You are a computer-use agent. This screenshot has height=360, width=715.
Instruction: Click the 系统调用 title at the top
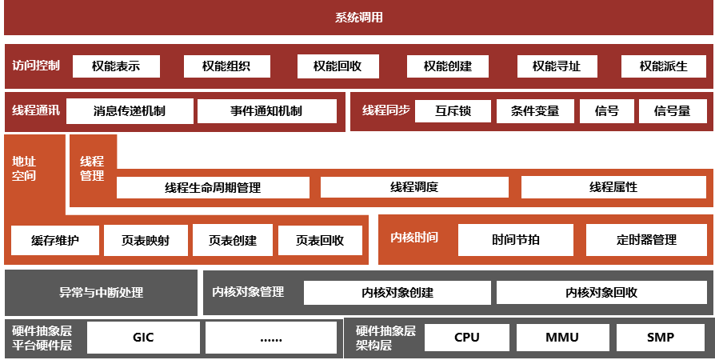(x=358, y=18)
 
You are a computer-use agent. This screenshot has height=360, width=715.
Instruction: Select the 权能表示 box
(x=116, y=66)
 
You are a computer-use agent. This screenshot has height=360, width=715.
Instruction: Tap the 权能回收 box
(x=338, y=66)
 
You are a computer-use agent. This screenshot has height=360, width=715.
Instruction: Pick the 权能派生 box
(x=663, y=66)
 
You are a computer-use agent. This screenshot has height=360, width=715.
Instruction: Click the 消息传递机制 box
(x=130, y=111)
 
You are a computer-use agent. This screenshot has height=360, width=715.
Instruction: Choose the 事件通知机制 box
(x=267, y=111)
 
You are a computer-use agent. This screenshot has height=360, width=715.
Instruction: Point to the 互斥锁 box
(x=453, y=111)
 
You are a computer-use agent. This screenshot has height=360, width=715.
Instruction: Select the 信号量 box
(x=672, y=111)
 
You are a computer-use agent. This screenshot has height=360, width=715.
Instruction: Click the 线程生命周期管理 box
(x=213, y=188)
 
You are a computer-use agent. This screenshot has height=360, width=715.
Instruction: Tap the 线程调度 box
(x=414, y=187)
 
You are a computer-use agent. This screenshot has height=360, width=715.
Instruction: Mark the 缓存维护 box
(x=55, y=240)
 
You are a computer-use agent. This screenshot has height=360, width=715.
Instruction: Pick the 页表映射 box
(x=146, y=240)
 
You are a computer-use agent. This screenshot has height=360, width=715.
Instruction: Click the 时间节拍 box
(x=516, y=239)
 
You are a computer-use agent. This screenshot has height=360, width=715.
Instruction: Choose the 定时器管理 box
(x=647, y=239)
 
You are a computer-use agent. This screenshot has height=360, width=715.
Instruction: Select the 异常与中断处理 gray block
(x=101, y=292)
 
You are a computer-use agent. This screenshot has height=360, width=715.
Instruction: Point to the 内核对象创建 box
(x=397, y=293)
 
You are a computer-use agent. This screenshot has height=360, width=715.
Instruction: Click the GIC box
(x=143, y=338)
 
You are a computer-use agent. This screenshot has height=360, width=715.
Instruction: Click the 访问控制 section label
(x=36, y=66)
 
